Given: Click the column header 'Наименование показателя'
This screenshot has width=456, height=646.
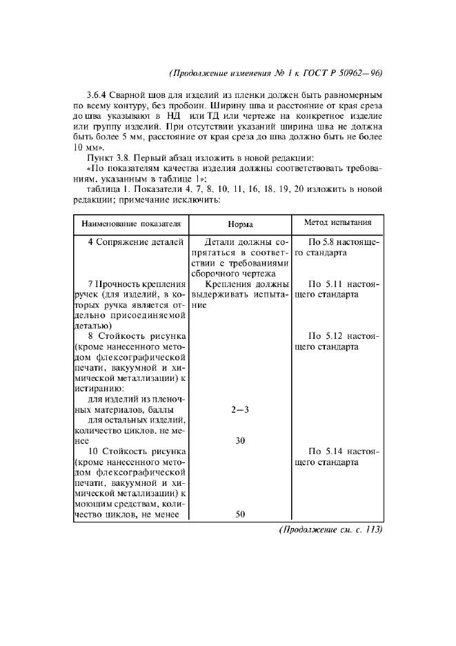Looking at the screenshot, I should click(131, 224).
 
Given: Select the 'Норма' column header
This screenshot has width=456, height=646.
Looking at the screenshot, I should click(241, 225).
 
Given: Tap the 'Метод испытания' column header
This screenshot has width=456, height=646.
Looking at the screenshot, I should click(338, 222).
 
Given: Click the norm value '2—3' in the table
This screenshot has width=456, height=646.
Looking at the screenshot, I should click(241, 410).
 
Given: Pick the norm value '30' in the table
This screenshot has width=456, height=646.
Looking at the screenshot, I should click(241, 441).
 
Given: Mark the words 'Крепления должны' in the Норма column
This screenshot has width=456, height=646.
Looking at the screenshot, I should click(246, 284).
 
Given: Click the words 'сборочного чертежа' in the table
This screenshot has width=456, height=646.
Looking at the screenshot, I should click(239, 273).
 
